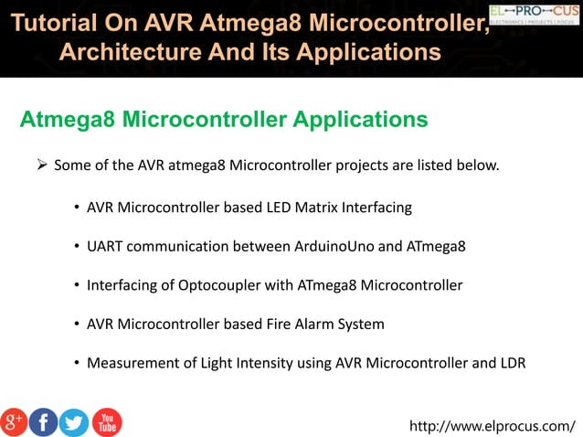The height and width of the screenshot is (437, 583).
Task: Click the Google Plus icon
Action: [14, 421]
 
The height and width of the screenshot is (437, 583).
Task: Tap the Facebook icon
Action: [43, 421]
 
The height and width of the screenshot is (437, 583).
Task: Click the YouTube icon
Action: [106, 421]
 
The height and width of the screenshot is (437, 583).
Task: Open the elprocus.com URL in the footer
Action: [493, 425]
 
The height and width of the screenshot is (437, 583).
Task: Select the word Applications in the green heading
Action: [356, 120]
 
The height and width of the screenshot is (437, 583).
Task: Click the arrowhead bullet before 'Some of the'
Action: [40, 165]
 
